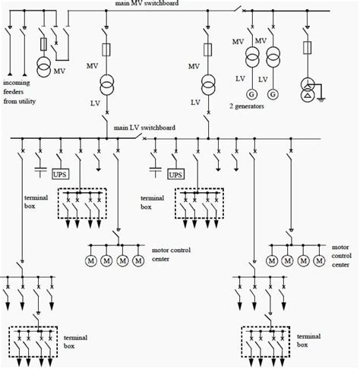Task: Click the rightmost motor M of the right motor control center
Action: [320, 260]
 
